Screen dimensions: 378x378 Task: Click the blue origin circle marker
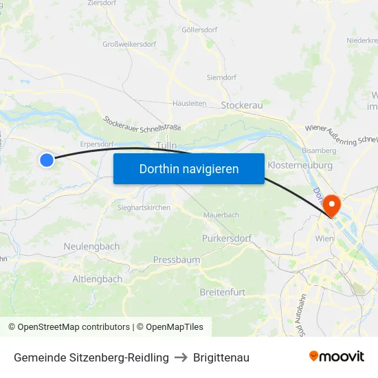click(x=46, y=160)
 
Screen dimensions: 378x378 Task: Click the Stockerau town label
click(x=242, y=105)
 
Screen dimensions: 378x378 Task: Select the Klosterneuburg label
click(x=300, y=166)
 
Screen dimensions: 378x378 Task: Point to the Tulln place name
click(x=166, y=145)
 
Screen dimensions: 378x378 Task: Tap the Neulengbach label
click(x=91, y=246)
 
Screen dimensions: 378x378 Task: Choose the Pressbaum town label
click(x=177, y=260)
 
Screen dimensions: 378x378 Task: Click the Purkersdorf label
click(x=227, y=238)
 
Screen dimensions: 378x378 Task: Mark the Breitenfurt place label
click(x=222, y=292)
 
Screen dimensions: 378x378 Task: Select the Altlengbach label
click(x=97, y=279)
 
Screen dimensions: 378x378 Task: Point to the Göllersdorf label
click(x=200, y=30)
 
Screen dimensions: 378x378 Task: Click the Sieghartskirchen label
click(x=144, y=208)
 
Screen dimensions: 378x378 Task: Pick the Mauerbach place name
click(x=221, y=215)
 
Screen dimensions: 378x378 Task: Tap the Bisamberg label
click(x=319, y=150)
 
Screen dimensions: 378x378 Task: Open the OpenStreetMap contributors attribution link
click(x=74, y=327)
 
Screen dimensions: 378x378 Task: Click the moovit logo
click(x=336, y=357)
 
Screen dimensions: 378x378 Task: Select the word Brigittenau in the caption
click(x=221, y=357)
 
